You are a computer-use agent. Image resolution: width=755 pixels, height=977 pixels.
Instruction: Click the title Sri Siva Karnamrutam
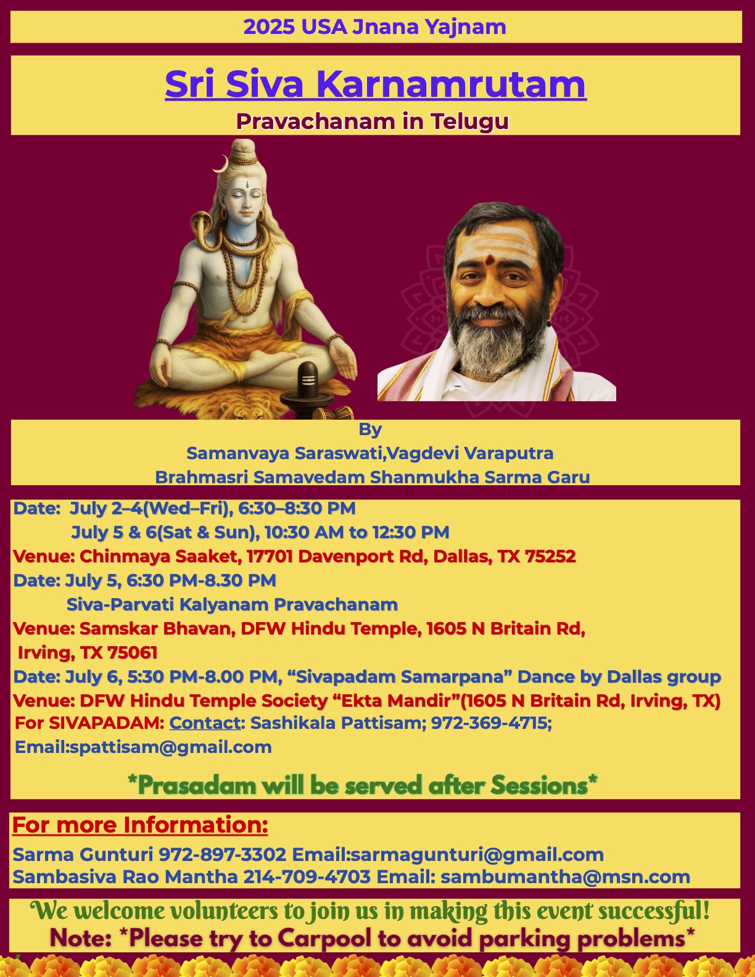pos(376,83)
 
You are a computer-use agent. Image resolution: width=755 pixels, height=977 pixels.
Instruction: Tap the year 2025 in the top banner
pos(269,27)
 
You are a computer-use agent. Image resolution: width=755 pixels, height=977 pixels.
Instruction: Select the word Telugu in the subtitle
pos(469,122)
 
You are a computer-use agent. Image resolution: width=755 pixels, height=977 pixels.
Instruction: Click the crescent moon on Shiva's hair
pos(221,164)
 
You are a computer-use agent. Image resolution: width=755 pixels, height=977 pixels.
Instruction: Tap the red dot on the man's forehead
pos(492,259)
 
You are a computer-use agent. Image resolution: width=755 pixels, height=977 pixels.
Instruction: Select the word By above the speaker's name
pos(370,430)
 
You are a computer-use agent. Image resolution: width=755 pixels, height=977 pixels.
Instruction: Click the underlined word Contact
pos(205,723)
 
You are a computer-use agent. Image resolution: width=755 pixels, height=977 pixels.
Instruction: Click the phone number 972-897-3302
pos(222,854)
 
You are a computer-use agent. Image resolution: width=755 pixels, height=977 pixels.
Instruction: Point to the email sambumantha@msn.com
pos(566,877)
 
